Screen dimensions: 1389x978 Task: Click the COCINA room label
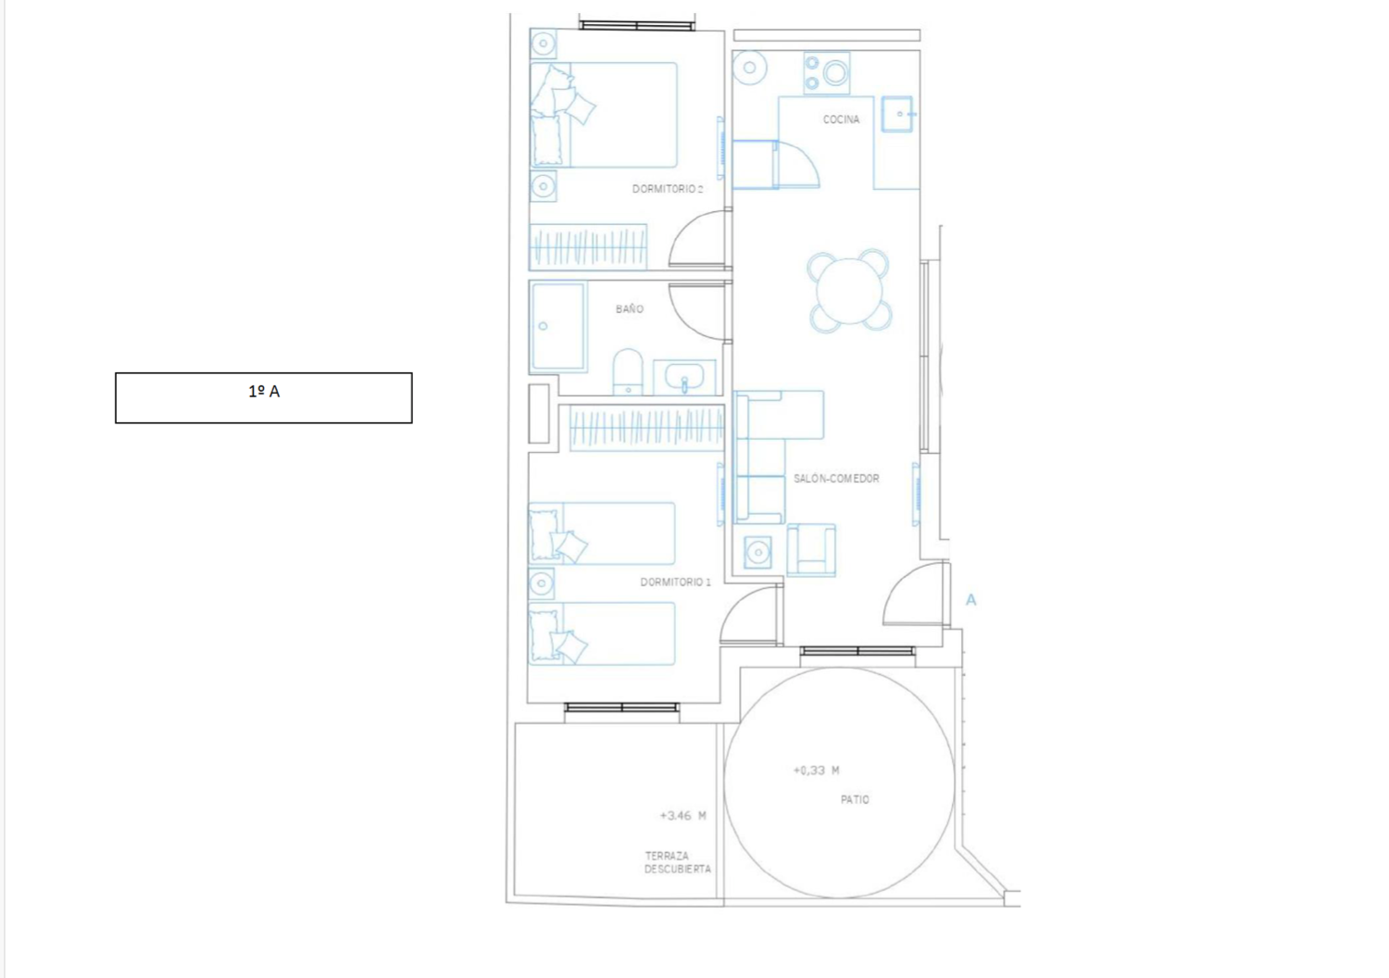click(841, 119)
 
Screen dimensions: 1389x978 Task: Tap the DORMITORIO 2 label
click(668, 189)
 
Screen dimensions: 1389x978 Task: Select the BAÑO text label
click(630, 308)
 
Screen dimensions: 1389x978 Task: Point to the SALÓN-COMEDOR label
click(836, 478)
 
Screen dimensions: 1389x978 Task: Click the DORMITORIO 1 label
click(675, 582)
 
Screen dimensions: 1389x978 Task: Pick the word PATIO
click(855, 799)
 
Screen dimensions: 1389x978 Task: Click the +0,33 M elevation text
click(816, 771)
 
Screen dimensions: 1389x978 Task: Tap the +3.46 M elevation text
click(682, 816)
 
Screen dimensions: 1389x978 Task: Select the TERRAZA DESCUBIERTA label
click(677, 862)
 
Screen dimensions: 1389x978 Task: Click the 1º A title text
click(264, 392)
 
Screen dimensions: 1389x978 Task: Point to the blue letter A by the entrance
click(971, 600)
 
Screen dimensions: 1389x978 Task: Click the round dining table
click(849, 291)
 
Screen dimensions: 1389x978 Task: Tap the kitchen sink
click(897, 114)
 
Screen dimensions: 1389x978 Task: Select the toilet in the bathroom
click(628, 372)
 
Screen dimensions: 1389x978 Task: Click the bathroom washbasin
click(684, 377)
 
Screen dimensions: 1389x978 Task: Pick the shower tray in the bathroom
click(558, 327)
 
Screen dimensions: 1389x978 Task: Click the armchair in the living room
click(811, 550)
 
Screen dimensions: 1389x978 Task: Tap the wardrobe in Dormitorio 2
click(588, 247)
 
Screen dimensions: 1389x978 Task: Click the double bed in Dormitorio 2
click(604, 115)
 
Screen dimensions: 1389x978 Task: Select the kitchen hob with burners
click(827, 73)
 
